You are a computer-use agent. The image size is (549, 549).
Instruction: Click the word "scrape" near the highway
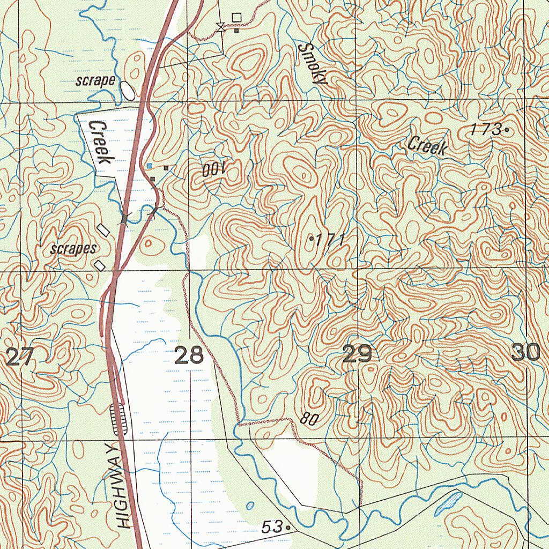click(95, 81)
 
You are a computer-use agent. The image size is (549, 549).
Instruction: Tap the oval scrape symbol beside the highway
click(127, 90)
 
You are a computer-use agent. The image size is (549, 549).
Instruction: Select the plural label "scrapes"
click(73, 249)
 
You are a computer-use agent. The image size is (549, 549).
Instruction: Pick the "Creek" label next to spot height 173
click(427, 146)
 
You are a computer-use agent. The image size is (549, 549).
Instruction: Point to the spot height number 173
click(486, 129)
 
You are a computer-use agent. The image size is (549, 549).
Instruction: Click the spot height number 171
click(329, 240)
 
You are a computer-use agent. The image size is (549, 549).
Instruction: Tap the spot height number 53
click(272, 527)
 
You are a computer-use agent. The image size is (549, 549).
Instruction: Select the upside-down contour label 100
click(215, 170)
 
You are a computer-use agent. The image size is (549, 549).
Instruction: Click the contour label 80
click(308, 419)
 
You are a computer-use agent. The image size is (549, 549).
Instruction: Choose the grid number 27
click(20, 356)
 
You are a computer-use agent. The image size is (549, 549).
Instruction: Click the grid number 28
click(189, 355)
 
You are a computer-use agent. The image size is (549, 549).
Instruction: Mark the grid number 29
click(357, 354)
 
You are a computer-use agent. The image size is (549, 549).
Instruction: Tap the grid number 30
click(525, 353)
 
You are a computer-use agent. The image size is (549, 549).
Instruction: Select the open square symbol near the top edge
click(236, 18)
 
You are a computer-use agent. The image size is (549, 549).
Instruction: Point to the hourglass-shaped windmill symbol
click(220, 27)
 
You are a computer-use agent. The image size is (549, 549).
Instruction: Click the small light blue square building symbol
click(150, 166)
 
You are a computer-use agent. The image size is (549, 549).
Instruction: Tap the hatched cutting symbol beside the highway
click(118, 418)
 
